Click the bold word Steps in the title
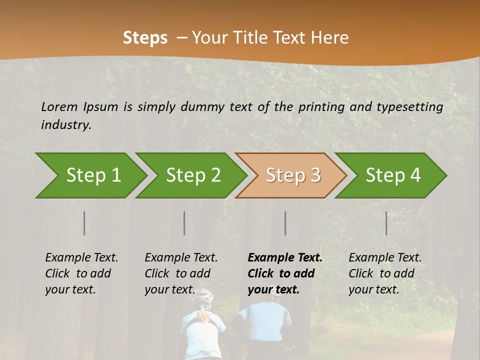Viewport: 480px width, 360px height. click(x=145, y=37)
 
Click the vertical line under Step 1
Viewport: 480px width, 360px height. click(x=84, y=223)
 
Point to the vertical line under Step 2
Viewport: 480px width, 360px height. click(x=184, y=223)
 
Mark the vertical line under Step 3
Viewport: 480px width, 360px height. click(x=285, y=223)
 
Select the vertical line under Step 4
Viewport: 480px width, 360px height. click(x=386, y=223)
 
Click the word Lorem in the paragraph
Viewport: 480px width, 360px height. click(x=59, y=106)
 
